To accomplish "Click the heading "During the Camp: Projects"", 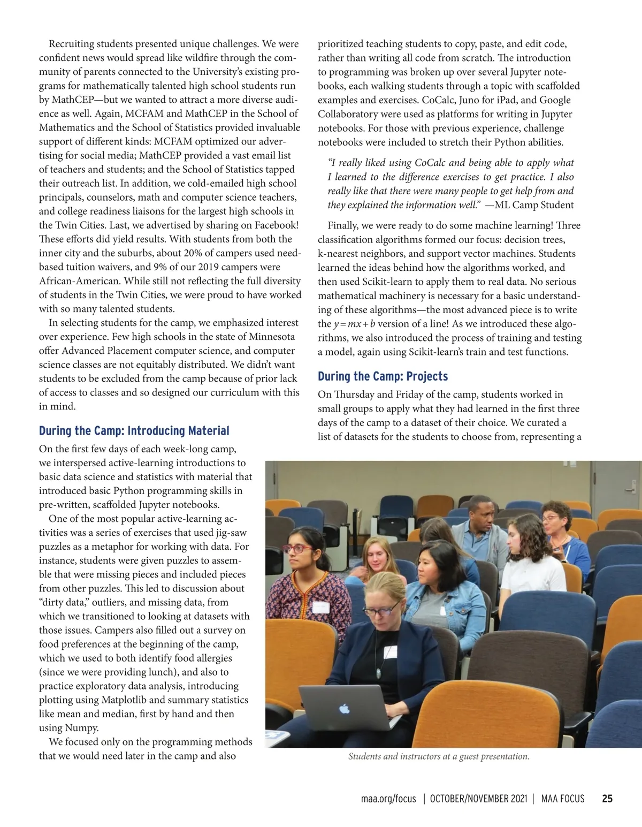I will tap(383, 376).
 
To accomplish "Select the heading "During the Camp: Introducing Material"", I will tap(134, 431).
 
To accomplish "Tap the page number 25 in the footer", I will tap(607, 799).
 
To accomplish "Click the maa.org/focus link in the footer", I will tap(388, 799).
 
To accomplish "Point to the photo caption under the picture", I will tap(439, 756).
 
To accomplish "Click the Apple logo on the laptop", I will tap(344, 709).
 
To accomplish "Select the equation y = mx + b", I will tap(354, 324).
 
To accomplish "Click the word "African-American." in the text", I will tap(79, 281).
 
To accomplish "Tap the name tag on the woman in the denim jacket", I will tap(444, 610).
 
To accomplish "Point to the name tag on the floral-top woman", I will tap(320, 607).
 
